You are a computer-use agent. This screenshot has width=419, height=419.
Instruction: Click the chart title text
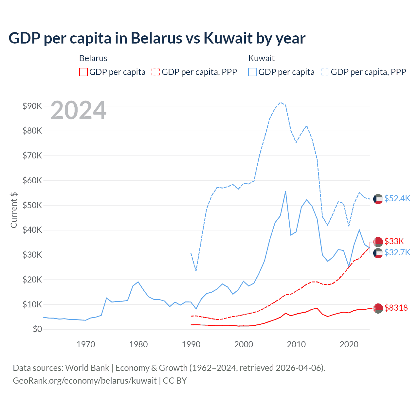[157, 38]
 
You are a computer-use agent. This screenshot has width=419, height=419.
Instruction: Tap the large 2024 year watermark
[79, 110]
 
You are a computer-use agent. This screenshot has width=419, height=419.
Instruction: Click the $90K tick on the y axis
[32, 106]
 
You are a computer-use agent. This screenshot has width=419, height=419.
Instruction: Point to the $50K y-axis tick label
[32, 205]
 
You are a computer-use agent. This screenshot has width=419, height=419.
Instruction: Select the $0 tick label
[37, 329]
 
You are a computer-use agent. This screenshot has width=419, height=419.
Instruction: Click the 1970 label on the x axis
[86, 344]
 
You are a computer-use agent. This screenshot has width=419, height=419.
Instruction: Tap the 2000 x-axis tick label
[244, 344]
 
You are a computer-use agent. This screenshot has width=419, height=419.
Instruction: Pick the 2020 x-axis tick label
[349, 344]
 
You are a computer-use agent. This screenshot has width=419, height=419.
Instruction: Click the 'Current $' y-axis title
[14, 210]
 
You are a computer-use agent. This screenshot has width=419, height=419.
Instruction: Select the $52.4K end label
[397, 199]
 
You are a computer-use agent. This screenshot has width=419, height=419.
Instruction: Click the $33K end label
[394, 241]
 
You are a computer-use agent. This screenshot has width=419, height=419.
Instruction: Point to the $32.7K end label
[397, 252]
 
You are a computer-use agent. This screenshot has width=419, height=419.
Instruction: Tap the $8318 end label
[396, 308]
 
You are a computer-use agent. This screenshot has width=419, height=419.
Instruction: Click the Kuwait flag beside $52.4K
[378, 199]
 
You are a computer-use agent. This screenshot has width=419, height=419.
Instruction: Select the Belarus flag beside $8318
[378, 308]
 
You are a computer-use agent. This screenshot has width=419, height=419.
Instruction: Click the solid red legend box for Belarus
[83, 72]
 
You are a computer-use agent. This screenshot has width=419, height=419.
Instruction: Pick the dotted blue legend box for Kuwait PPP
[325, 72]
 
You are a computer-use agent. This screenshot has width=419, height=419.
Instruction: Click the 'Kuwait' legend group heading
[261, 58]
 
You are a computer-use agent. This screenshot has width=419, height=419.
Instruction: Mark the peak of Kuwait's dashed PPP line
[280, 102]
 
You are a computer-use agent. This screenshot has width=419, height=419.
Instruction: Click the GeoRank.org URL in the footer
[85, 381]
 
